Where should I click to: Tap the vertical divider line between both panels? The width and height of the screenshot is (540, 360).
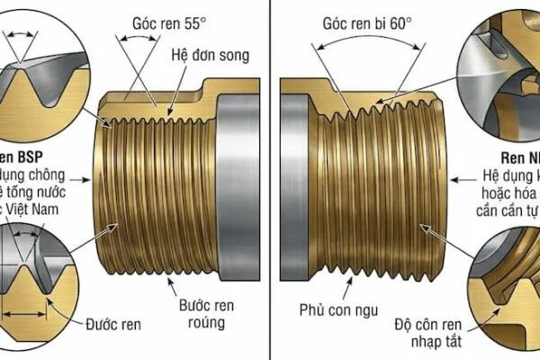click(271, 180)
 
